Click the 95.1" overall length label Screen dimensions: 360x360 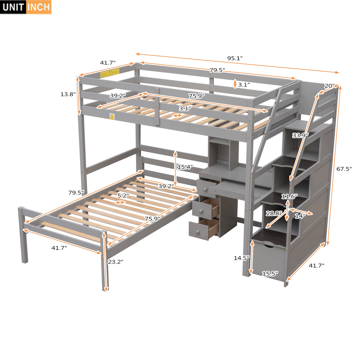click(235, 58)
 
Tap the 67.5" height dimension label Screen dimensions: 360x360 click(344, 169)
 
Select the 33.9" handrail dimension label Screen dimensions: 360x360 click(300, 136)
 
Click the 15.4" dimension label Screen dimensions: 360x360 click(185, 167)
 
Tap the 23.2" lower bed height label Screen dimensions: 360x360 click(115, 262)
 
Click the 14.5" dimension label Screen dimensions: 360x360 click(241, 258)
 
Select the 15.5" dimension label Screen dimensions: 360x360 click(270, 274)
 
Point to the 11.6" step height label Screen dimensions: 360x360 click(289, 196)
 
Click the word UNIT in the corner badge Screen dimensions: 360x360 click(14, 7)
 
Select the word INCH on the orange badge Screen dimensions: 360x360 click(39, 7)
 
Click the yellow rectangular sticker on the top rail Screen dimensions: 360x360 click(110, 73)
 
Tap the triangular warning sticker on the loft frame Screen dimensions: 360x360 click(112, 117)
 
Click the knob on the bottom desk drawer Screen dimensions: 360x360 click(197, 231)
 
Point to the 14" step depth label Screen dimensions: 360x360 click(300, 216)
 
